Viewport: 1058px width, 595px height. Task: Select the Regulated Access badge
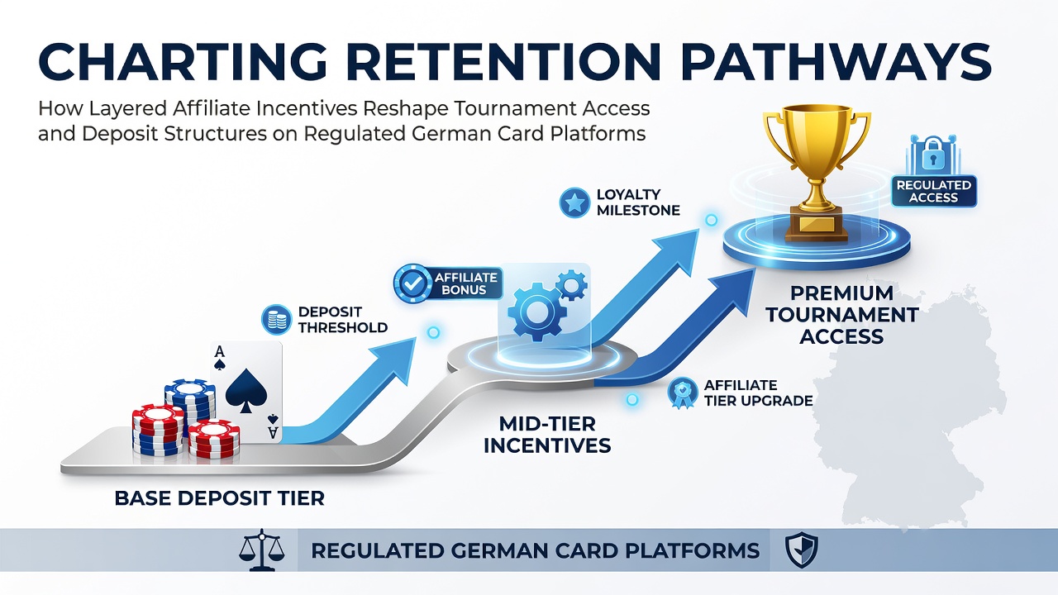pos(934,191)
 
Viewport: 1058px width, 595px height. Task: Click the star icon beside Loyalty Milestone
pos(574,203)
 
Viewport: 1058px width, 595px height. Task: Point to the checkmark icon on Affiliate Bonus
pos(412,283)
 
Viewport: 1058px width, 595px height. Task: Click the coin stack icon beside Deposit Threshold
pos(276,320)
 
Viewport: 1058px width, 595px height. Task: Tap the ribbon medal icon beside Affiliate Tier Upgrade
pos(683,393)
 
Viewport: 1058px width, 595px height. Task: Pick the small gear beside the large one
pos(571,285)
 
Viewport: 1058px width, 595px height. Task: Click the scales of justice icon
pos(262,550)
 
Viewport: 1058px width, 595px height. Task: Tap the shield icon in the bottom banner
pos(802,550)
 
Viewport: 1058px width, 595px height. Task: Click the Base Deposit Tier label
pos(220,498)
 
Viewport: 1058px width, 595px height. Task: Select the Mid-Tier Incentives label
pos(547,435)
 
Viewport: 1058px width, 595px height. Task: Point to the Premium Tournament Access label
pos(842,315)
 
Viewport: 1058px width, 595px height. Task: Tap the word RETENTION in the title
pos(488,62)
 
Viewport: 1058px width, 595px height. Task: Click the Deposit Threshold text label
pos(343,320)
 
